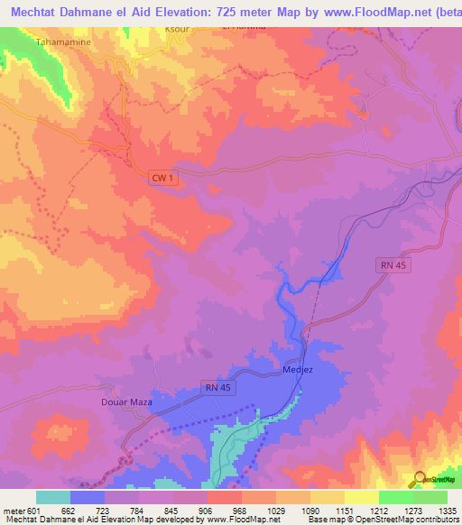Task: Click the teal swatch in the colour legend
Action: (x=53, y=497)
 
